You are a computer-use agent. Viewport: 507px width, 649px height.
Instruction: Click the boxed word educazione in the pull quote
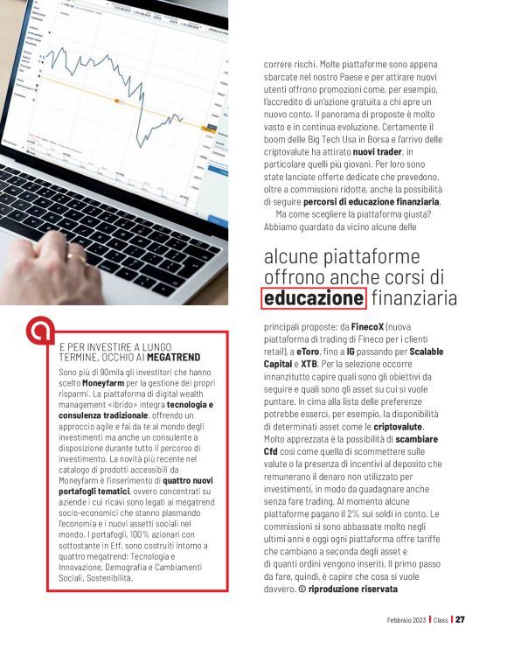314,299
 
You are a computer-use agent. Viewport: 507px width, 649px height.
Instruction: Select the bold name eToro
311,351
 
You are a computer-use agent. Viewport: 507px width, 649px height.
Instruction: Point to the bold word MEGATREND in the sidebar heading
177,358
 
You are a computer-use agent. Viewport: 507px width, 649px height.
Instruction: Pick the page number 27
460,619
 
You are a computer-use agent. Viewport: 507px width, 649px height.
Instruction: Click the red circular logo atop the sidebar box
38,331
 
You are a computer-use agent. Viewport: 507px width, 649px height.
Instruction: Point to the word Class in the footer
439,620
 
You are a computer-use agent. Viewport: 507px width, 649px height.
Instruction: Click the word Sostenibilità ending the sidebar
94,579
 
